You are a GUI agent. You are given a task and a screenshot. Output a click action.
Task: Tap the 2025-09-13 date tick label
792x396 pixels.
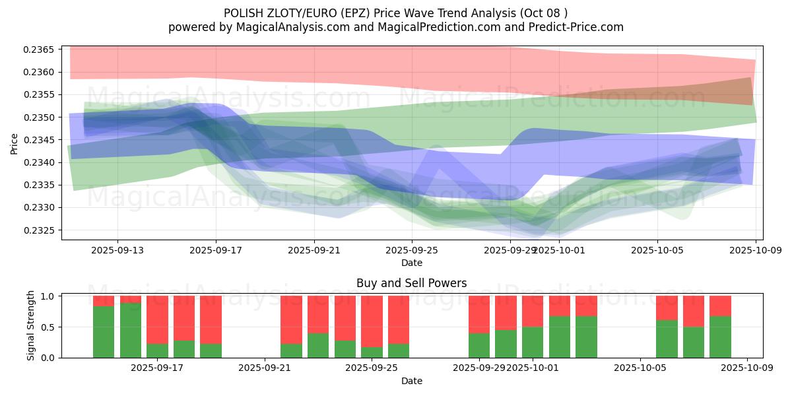(x=117, y=250)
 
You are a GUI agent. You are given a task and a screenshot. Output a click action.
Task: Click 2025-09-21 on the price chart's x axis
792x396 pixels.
(x=314, y=250)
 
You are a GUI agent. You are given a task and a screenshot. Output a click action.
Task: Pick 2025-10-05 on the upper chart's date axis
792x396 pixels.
(x=657, y=250)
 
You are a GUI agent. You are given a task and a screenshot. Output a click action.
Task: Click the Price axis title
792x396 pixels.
(x=15, y=143)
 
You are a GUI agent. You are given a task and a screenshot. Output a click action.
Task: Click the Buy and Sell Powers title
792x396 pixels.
(x=411, y=283)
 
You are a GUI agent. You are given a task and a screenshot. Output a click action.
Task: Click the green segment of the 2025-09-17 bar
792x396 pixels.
(x=157, y=350)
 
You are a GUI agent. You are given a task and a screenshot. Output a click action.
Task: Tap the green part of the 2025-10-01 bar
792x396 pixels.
(x=533, y=342)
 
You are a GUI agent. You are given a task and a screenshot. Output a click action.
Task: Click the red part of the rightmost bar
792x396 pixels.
(x=720, y=306)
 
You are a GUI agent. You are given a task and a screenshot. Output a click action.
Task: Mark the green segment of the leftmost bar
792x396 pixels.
(x=104, y=331)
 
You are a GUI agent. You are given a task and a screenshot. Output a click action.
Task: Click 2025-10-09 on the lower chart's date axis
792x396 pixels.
(x=747, y=368)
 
